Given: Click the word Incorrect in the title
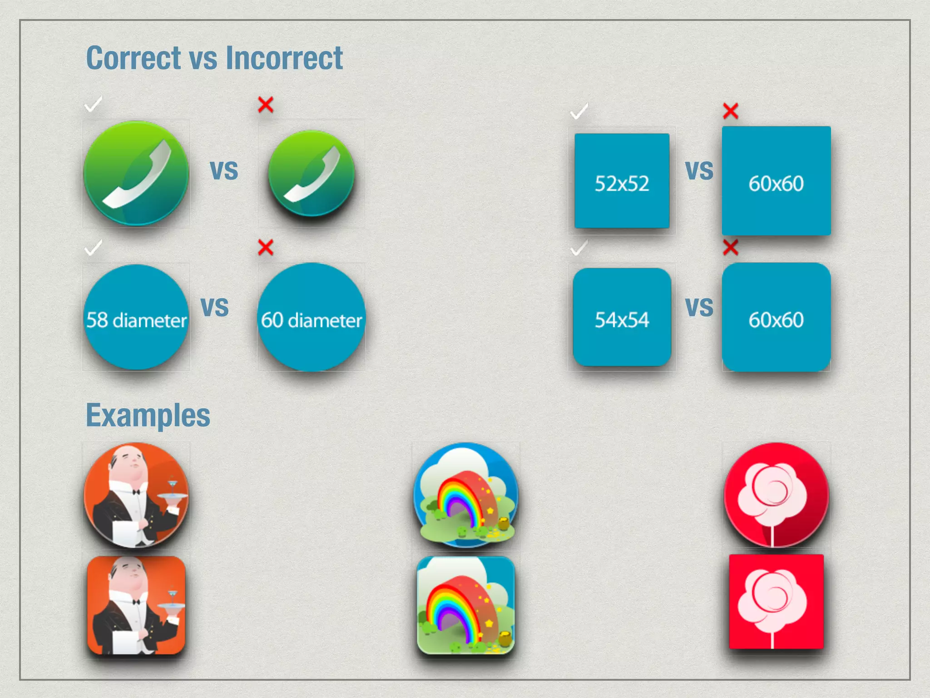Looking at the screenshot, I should point(284,58).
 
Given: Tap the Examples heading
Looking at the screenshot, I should point(148,415).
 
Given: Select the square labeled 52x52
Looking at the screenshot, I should point(622,181).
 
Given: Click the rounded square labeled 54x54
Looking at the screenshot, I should point(622,317).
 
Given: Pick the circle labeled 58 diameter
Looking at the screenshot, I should point(136,317).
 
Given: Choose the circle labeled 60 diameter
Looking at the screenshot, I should point(312,317).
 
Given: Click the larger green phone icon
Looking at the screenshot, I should point(136,173).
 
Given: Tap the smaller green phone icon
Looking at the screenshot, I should point(312,173).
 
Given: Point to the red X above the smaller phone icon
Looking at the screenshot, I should point(266,105).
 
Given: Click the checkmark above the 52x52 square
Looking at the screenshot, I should point(579,111).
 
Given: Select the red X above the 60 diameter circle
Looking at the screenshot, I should point(266,248).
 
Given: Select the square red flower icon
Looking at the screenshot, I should point(776,602).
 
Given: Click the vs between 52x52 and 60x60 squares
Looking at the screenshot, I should point(699,170).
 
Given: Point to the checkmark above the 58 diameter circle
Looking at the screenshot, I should point(94,248).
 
